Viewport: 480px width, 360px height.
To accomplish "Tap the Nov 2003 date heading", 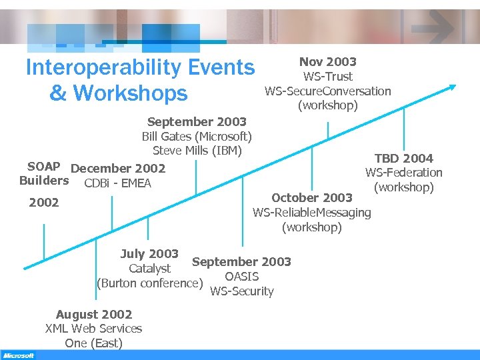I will click(x=327, y=62).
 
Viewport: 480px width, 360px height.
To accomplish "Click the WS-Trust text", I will click(x=327, y=77).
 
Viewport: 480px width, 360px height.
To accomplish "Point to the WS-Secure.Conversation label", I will click(x=327, y=91).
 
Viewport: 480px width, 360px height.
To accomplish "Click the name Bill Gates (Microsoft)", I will click(x=197, y=137).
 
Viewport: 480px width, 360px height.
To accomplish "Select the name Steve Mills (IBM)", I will click(x=197, y=151).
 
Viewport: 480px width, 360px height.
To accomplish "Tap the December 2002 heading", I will click(x=118, y=169).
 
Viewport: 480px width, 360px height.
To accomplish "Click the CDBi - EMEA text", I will click(x=118, y=183).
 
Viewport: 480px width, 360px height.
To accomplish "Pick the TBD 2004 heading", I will click(x=403, y=158).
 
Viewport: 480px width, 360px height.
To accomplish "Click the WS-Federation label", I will click(x=403, y=173).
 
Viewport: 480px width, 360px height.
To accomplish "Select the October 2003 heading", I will click(x=312, y=197).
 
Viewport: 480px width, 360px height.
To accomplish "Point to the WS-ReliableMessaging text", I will click(x=311, y=213).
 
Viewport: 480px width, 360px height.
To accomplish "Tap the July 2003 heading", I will click(x=149, y=254).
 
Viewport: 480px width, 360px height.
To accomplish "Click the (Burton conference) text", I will click(x=149, y=283).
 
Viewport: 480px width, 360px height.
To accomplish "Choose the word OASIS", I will click(x=241, y=277).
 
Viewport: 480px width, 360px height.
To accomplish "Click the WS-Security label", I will click(x=241, y=291).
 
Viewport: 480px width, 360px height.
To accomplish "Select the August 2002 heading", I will click(x=94, y=314).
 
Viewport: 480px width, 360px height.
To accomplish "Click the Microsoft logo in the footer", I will click(x=18, y=355).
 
